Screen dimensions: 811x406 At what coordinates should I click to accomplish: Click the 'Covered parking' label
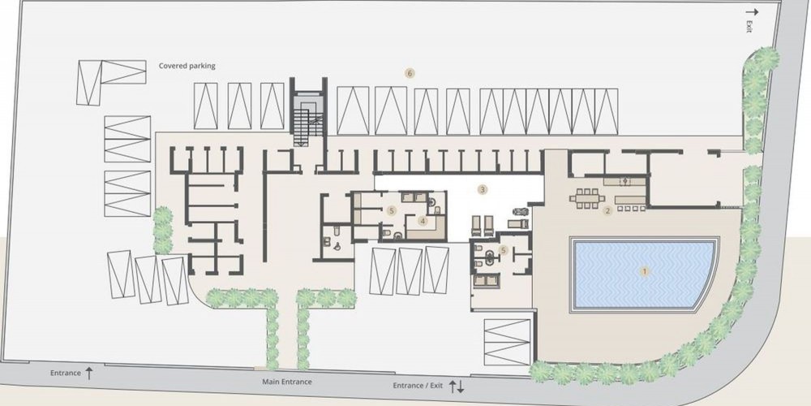[187, 66]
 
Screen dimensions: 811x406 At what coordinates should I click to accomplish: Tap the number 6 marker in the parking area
[410, 74]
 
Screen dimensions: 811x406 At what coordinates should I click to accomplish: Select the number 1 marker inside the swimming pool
[645, 271]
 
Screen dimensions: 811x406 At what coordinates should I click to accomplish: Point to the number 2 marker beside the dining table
[607, 211]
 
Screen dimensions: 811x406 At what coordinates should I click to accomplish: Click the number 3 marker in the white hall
[483, 189]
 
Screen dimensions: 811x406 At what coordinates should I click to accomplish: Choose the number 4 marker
[423, 221]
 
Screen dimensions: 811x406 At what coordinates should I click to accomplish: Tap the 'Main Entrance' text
[287, 382]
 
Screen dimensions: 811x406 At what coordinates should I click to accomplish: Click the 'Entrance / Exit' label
[418, 386]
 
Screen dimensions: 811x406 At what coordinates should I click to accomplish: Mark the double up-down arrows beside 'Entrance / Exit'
[456, 387]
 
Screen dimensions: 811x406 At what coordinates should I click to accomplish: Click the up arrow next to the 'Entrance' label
[89, 373]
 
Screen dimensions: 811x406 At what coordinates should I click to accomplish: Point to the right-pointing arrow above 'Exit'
[752, 12]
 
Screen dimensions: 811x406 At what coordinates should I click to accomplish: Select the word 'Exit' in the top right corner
[749, 27]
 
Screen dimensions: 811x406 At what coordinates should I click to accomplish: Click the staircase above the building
[308, 119]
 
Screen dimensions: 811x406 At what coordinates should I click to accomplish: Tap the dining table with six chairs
[587, 198]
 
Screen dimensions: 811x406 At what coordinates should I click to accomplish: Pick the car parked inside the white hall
[521, 211]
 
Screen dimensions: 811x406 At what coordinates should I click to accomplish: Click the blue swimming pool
[644, 274]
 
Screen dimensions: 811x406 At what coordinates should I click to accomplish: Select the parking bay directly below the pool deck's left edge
[508, 343]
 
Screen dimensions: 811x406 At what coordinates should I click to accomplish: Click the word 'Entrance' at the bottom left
[66, 373]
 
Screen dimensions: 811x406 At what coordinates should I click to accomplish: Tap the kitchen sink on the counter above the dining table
[624, 181]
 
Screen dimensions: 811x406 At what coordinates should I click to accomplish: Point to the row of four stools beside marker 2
[631, 208]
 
